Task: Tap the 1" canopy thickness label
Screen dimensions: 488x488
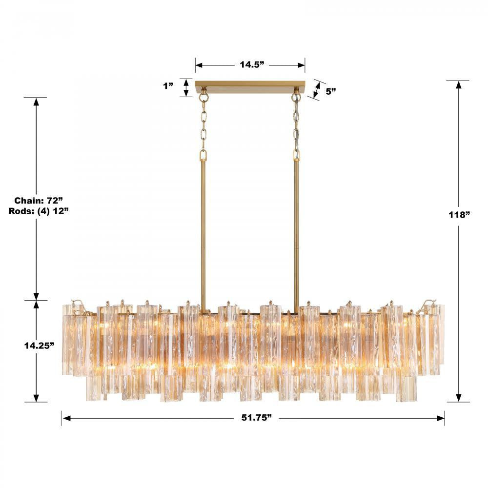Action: [x=169, y=86]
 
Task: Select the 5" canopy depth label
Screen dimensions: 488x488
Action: [x=331, y=91]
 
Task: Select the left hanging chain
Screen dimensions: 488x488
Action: [x=204, y=127]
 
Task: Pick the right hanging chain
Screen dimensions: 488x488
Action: [x=296, y=127]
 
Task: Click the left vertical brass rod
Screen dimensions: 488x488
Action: [x=203, y=229]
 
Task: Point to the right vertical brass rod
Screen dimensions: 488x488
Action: [x=296, y=229]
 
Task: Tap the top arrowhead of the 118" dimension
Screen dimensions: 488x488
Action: [x=458, y=84]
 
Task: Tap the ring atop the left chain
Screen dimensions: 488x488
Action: [x=204, y=98]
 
